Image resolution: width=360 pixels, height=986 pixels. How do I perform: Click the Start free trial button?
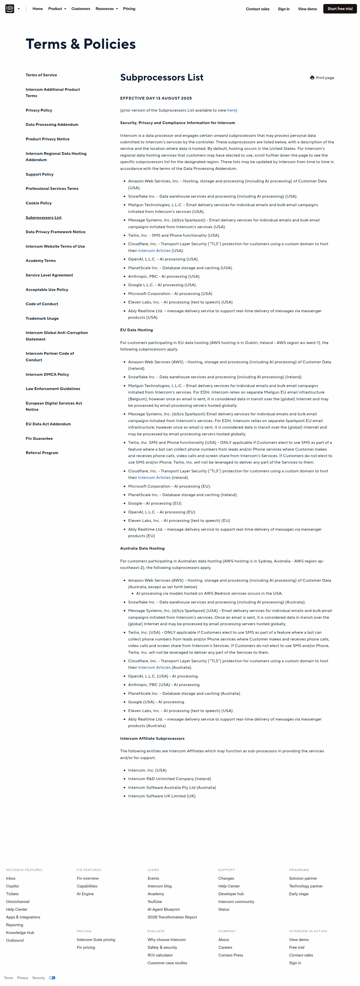click(340, 9)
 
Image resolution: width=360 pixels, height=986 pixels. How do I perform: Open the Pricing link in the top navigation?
click(129, 9)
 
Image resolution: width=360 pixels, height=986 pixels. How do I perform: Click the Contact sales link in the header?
click(257, 9)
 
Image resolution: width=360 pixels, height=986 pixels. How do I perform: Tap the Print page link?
click(322, 78)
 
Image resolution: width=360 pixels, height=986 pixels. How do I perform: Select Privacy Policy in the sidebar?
click(39, 110)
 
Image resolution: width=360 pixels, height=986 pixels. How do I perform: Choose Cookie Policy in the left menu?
click(38, 203)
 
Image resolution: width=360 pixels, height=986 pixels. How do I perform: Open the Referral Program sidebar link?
click(42, 453)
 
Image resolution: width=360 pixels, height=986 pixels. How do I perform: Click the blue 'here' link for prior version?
click(231, 110)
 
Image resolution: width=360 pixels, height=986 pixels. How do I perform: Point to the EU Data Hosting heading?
click(136, 330)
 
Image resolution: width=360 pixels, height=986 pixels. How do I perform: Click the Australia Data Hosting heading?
click(142, 548)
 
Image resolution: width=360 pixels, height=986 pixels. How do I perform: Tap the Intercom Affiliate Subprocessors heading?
click(152, 738)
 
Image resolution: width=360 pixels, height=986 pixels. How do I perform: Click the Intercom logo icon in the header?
click(9, 9)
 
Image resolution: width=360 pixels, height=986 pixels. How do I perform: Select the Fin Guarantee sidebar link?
click(39, 439)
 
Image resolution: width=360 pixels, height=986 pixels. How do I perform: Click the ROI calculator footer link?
click(160, 955)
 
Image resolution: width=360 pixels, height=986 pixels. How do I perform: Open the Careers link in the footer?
click(225, 947)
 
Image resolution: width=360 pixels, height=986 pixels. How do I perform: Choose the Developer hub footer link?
click(231, 894)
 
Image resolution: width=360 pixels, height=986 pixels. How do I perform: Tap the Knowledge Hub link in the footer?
click(20, 932)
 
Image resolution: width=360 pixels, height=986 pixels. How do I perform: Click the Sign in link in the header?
click(283, 9)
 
